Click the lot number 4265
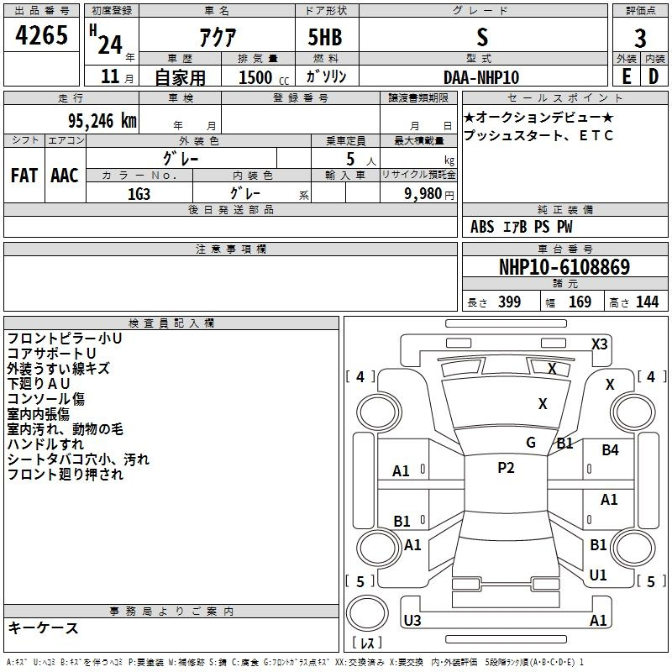tap(41, 35)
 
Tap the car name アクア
tap(218, 38)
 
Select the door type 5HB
tap(325, 37)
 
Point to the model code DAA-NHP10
tap(481, 77)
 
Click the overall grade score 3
tap(640, 39)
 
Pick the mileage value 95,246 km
tap(102, 121)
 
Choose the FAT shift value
tap(24, 176)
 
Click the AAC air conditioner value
tap(65, 176)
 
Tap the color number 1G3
tap(139, 194)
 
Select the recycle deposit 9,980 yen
tap(429, 194)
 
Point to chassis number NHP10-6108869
tap(564, 267)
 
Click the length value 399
tap(510, 302)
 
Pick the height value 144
tap(647, 302)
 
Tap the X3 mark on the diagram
tap(600, 344)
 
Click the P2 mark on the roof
tap(506, 468)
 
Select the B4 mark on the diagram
tap(610, 450)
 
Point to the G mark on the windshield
tap(531, 443)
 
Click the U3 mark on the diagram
tap(412, 620)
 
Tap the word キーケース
tap(43, 627)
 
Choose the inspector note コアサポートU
tap(51, 353)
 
